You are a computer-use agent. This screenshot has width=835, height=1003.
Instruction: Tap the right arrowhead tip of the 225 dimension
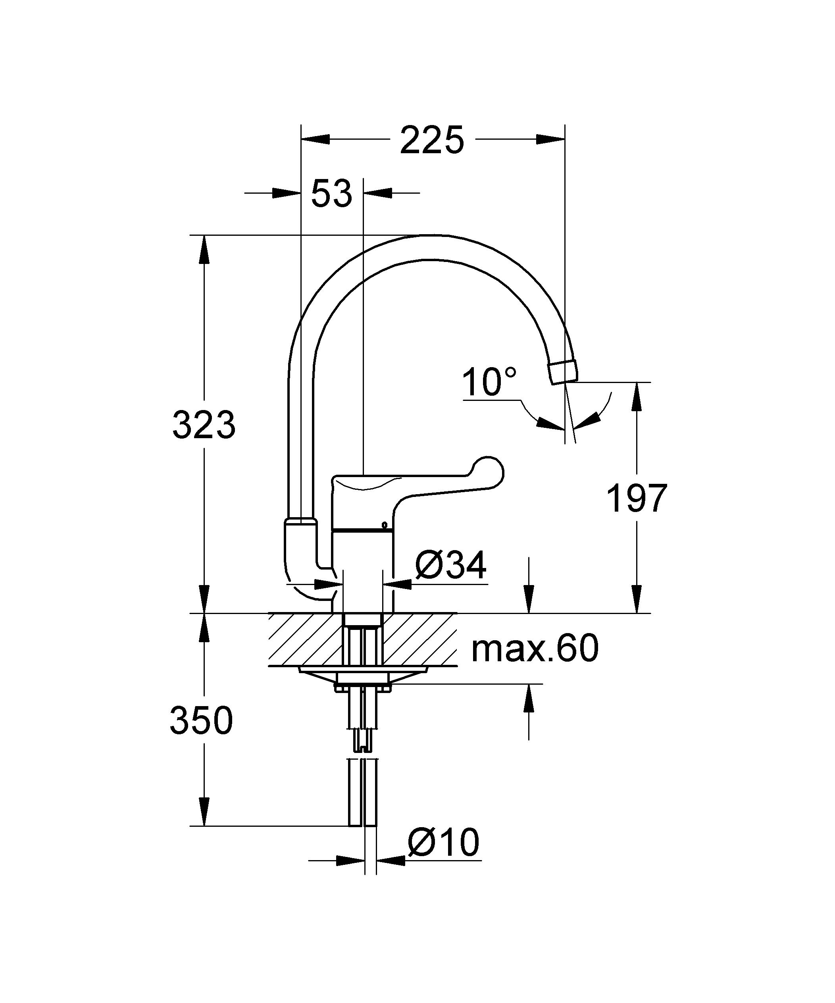[565, 139]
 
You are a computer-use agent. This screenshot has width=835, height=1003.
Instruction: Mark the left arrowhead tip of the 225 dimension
[302, 139]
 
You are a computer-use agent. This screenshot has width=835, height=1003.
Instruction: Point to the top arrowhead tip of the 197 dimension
[637, 383]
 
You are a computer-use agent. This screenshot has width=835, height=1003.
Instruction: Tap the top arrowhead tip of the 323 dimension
[204, 235]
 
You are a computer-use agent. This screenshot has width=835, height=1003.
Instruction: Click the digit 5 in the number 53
[321, 193]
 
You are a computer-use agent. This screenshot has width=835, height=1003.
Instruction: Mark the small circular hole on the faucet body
[384, 526]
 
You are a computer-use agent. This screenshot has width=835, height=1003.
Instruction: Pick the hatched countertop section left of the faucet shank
[306, 639]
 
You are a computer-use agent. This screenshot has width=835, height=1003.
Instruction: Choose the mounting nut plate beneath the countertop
[364, 679]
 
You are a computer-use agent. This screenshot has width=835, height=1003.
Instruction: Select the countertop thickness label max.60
[535, 648]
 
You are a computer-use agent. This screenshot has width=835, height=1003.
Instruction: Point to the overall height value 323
[204, 424]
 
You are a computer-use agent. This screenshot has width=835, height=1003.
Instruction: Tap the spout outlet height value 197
[637, 498]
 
